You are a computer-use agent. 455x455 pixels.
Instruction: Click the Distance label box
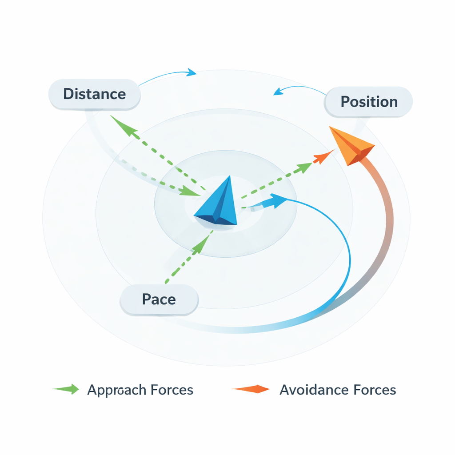[x=94, y=94]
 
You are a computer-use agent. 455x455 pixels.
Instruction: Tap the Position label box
[x=369, y=102]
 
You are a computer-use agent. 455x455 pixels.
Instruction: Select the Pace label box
[x=159, y=299]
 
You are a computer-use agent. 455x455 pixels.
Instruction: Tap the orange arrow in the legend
[x=251, y=390]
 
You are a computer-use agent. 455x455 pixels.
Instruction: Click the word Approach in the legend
[x=116, y=390]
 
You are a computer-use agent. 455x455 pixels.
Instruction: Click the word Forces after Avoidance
[x=375, y=390]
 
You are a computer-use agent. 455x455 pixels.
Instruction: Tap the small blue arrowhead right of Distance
[x=192, y=72]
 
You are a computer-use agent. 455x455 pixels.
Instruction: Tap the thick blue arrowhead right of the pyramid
[x=276, y=201]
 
